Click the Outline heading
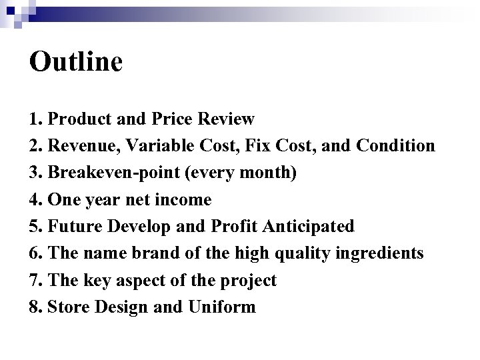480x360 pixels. (76, 62)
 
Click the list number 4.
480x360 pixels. (35, 200)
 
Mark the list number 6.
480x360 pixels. (35, 253)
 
